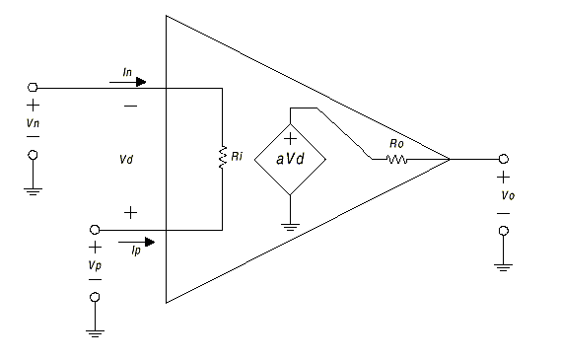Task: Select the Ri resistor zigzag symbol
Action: [x=224, y=157]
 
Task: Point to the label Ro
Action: [x=396, y=143]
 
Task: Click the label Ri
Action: [x=238, y=156]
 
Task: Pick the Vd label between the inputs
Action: [x=125, y=159]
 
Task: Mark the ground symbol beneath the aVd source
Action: [x=290, y=226]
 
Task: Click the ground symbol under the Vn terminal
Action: [x=34, y=190]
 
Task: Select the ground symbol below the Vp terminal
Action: [x=95, y=332]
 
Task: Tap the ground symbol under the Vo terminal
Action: [x=504, y=264]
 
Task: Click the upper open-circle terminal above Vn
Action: [x=34, y=87]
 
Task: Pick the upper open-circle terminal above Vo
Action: [x=504, y=159]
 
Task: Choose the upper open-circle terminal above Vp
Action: [x=95, y=228]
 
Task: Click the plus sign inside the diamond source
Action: [x=290, y=139]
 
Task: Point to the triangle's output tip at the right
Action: [x=450, y=159]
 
